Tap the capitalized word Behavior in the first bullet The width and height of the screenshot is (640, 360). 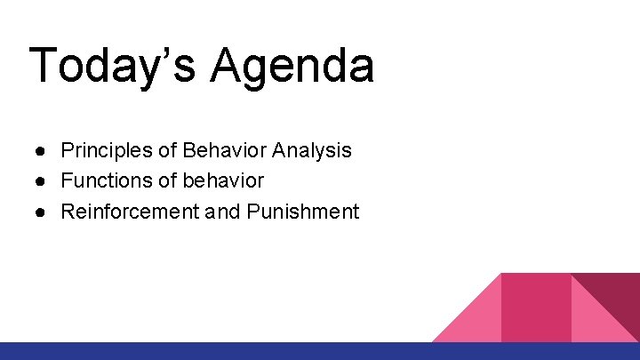tap(226, 150)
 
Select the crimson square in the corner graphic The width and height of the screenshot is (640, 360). tap(536, 307)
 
